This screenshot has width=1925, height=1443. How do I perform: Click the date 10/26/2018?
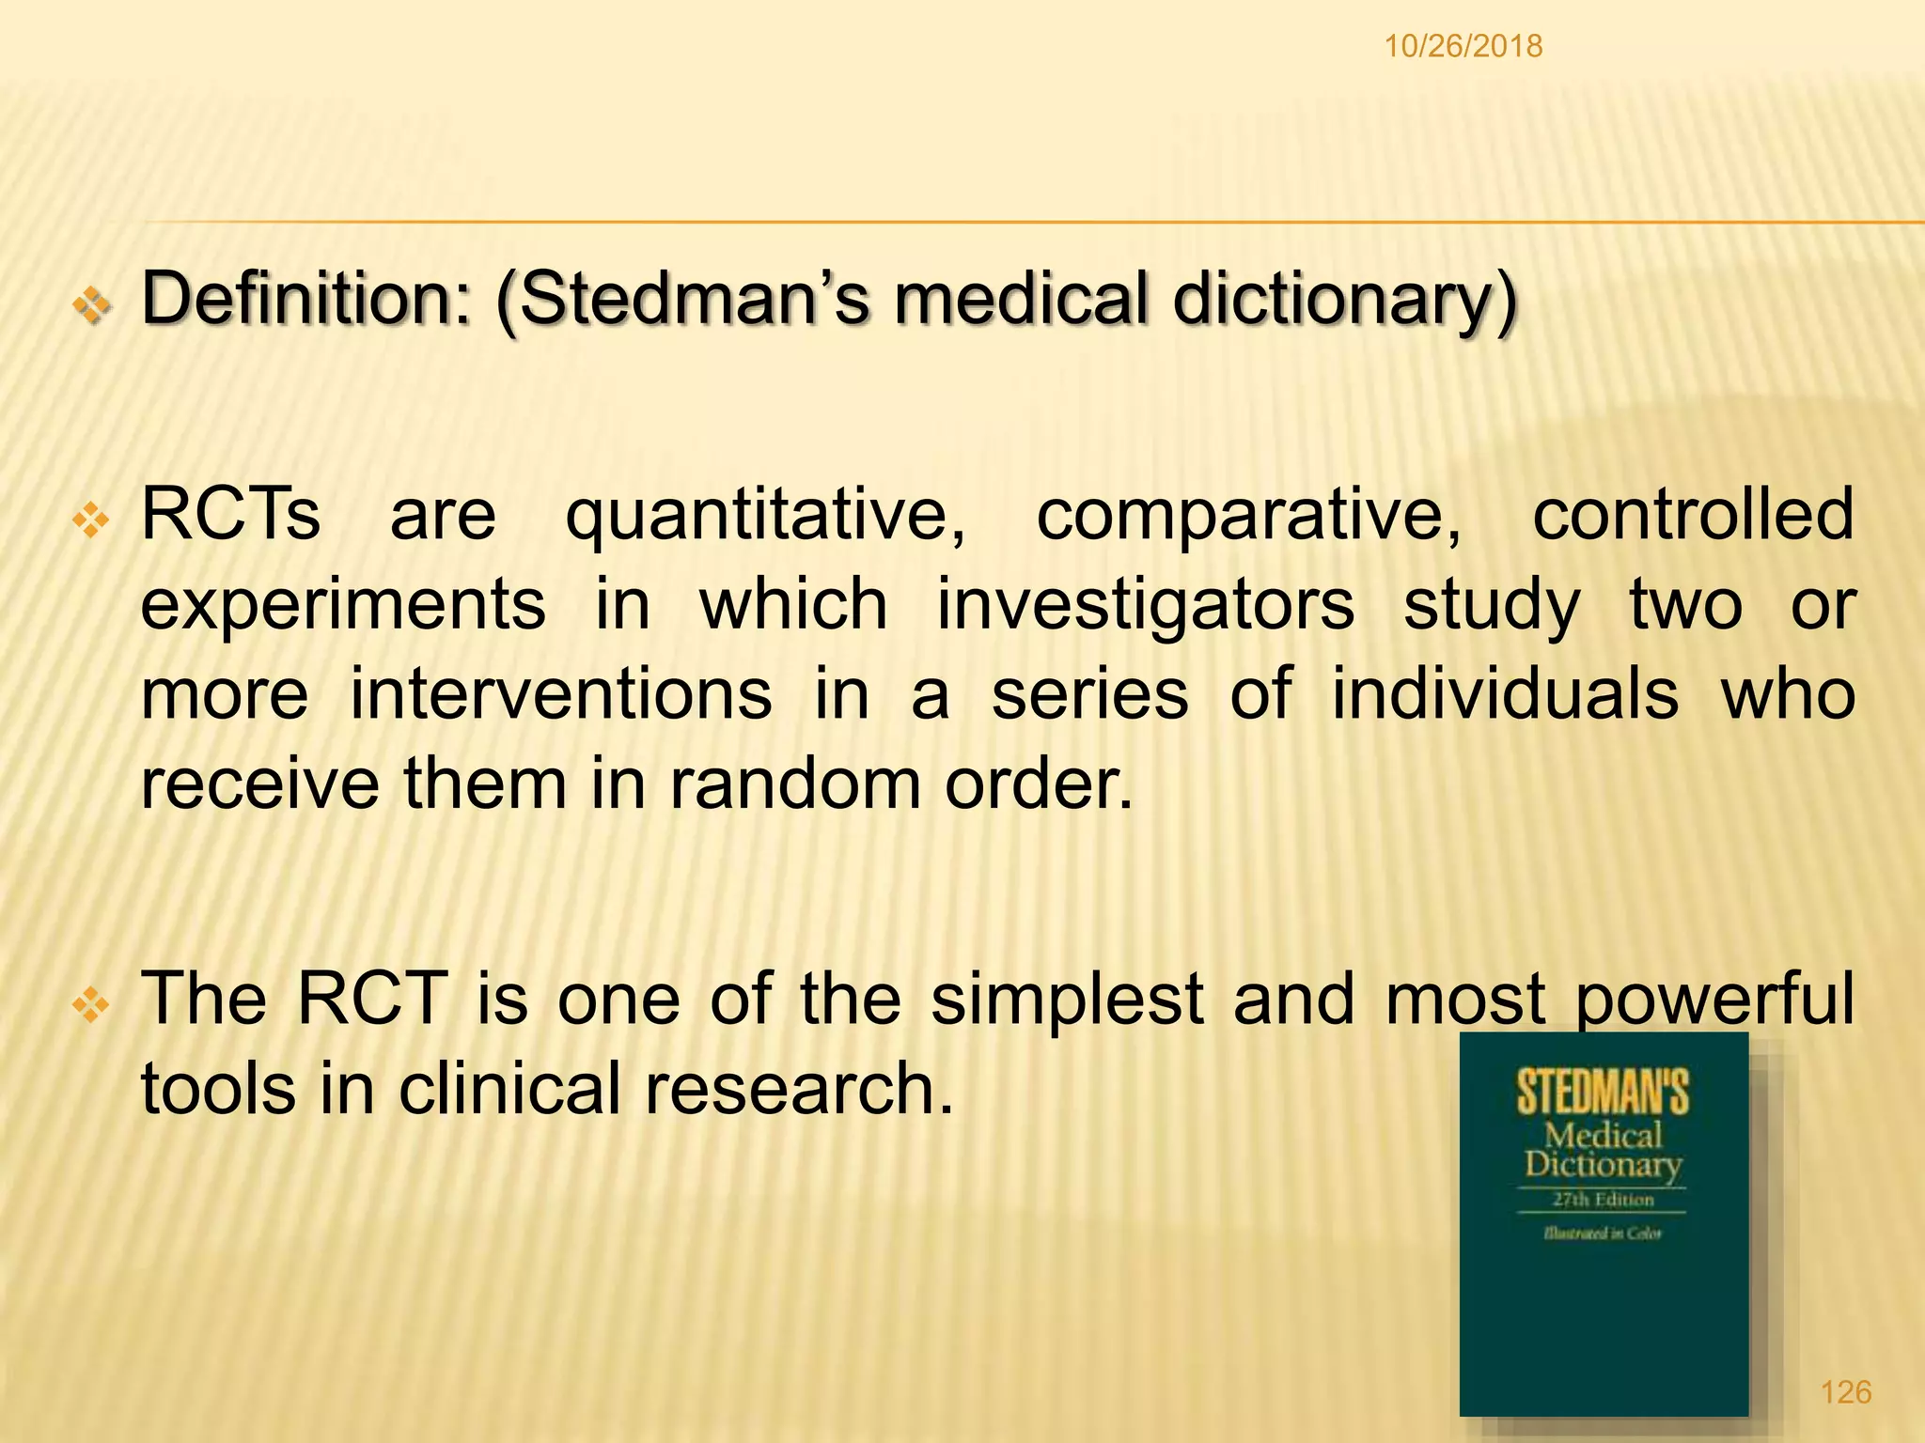point(1463,46)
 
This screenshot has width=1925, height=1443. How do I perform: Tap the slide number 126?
point(1846,1391)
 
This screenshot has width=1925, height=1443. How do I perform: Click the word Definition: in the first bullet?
point(305,299)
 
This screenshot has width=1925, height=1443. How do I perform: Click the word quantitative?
point(765,515)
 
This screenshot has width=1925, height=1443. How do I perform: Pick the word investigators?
point(1146,604)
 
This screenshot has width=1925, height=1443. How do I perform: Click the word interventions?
point(561,694)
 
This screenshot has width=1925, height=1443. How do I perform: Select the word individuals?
point(1505,694)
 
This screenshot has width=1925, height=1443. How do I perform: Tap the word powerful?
point(1714,1000)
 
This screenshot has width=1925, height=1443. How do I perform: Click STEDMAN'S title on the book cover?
point(1603,1093)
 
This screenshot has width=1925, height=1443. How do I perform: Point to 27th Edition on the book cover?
point(1603,1200)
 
